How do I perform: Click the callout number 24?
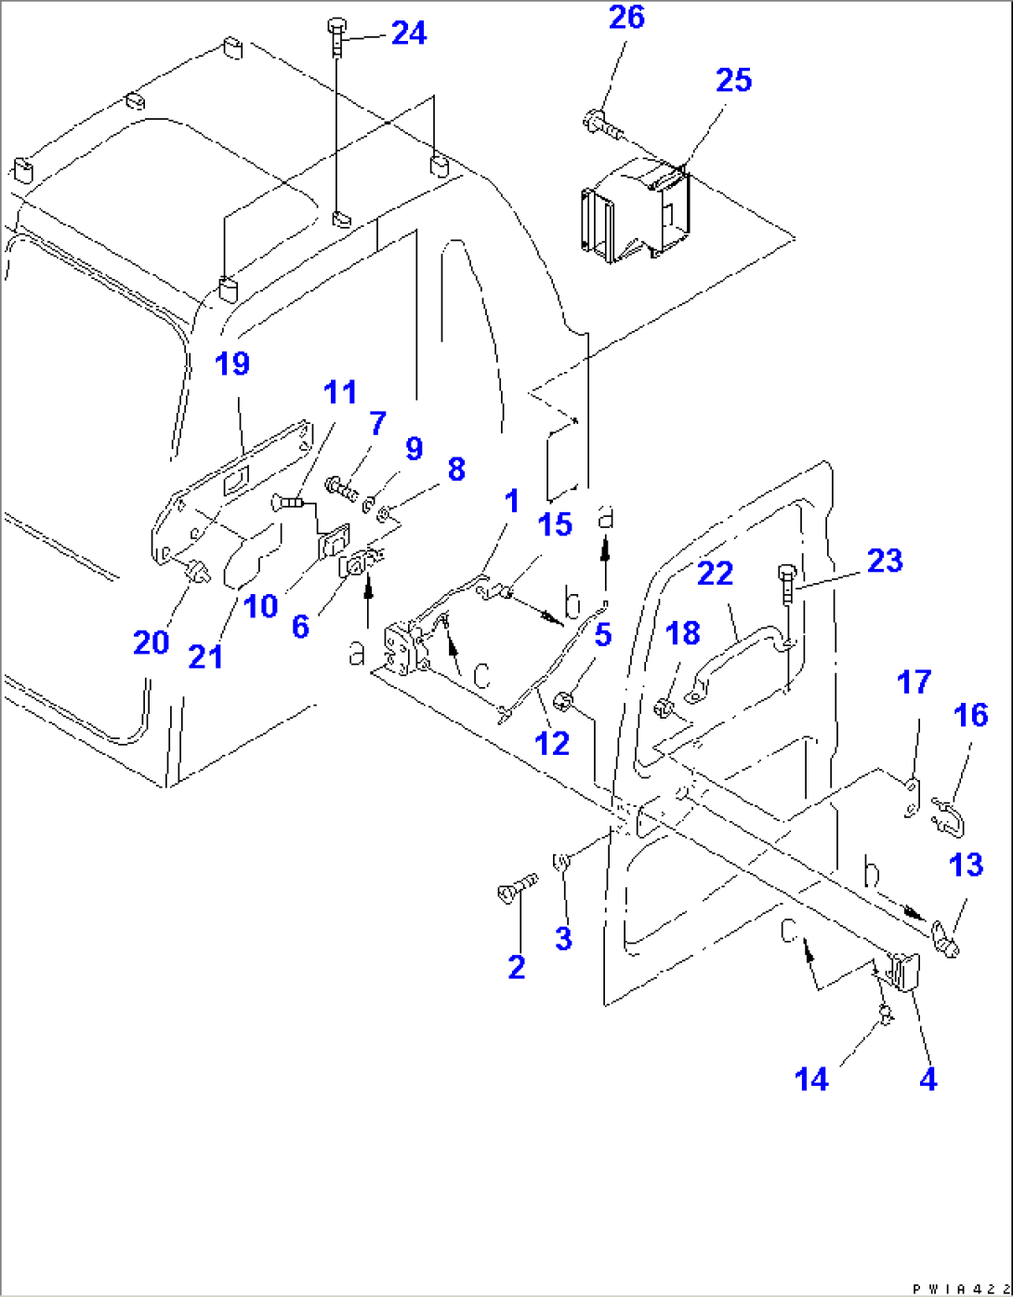pos(409,33)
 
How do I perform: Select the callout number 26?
pos(626,18)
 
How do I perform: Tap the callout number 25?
pos(733,81)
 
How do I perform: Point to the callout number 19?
pos(232,364)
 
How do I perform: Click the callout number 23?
pos(884,561)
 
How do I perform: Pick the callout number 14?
pos(811,1079)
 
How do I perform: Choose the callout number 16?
pos(971,715)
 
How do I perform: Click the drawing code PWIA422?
pos(956,1289)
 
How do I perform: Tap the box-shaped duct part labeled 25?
pos(637,210)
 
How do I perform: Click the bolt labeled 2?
pos(517,888)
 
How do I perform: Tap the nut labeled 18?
pos(664,709)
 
